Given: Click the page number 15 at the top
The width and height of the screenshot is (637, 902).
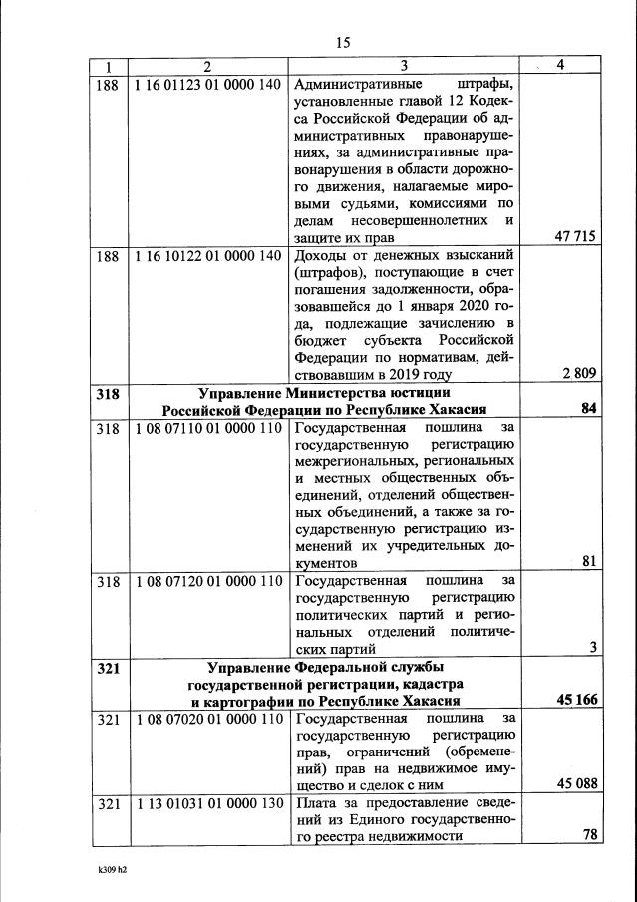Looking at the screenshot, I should (x=342, y=42).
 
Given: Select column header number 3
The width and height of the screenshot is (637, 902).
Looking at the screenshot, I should (x=404, y=66).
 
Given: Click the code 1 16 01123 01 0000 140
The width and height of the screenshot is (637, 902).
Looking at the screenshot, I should (x=206, y=84).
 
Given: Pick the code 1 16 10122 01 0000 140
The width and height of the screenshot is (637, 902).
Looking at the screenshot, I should (x=206, y=256).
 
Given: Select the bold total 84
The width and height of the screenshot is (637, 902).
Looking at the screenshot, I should (x=588, y=410).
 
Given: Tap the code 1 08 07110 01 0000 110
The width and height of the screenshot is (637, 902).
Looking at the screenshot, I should (x=206, y=428).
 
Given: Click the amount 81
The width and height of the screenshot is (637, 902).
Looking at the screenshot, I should (x=588, y=562).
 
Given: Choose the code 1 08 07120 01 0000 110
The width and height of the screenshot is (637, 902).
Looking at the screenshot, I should (x=206, y=581).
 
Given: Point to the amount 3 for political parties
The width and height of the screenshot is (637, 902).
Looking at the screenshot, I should (x=592, y=648).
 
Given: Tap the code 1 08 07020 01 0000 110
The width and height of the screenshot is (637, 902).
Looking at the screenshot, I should (x=206, y=718).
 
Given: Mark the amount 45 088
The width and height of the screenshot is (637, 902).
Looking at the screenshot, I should (x=575, y=784).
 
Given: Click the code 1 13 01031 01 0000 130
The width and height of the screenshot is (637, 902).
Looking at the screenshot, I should (x=206, y=803).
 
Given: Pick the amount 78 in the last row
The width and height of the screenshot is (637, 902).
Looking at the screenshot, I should (x=588, y=836).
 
